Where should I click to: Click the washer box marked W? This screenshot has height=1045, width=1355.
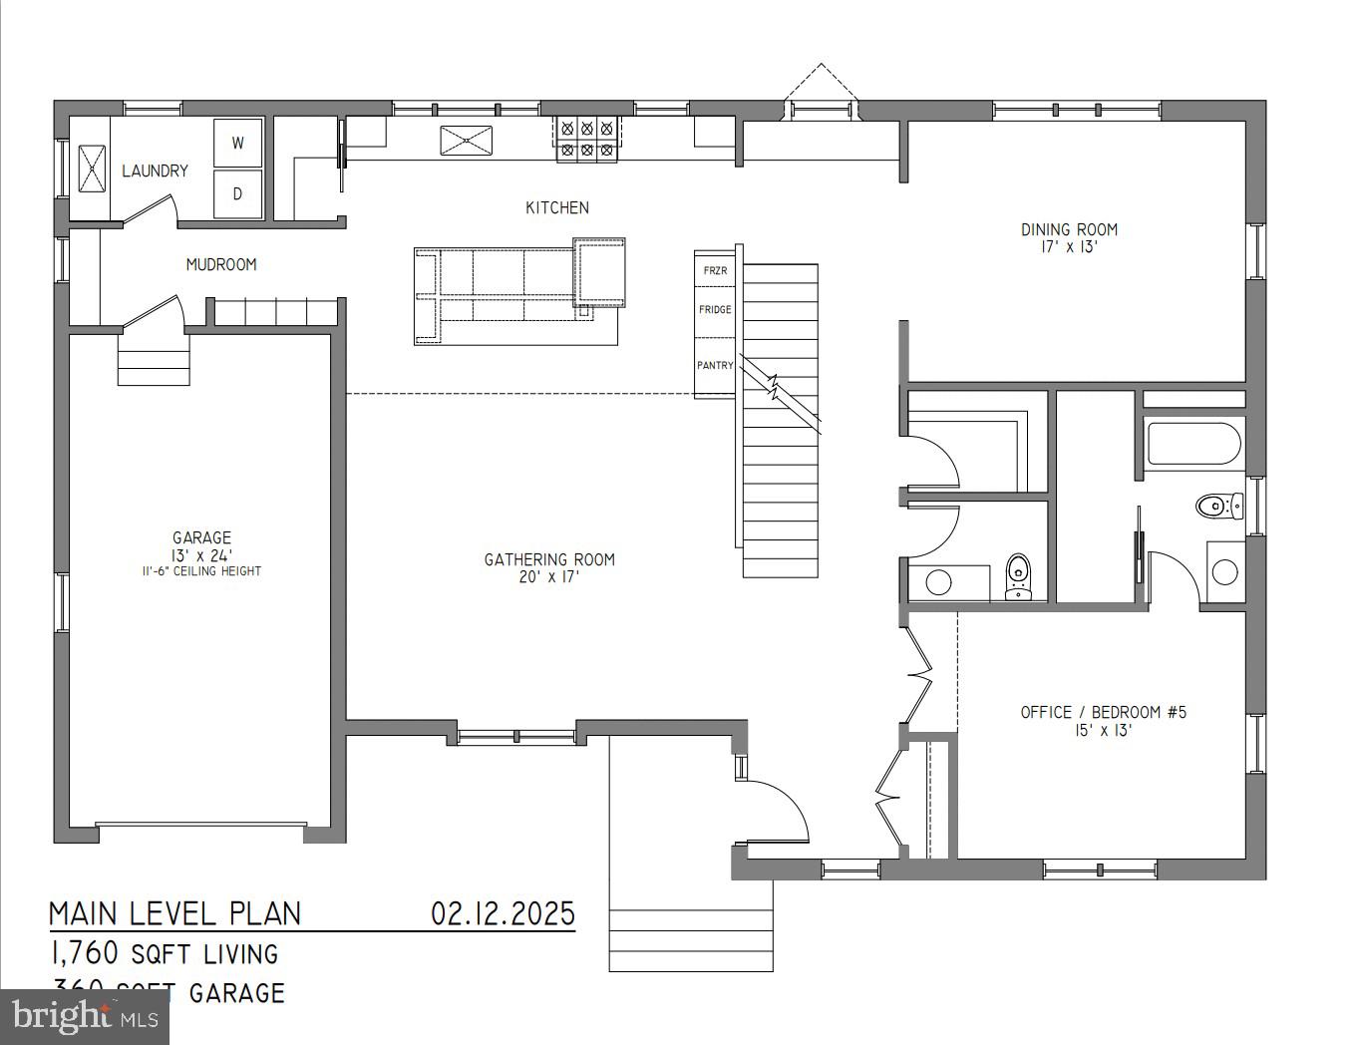tap(238, 143)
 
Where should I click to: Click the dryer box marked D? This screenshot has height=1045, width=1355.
tap(238, 193)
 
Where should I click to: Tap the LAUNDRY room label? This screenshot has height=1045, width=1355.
tap(155, 171)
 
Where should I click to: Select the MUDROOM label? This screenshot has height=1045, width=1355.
tap(221, 264)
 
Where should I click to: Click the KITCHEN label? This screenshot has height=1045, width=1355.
tap(557, 207)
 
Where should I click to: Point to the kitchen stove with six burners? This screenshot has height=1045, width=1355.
tap(586, 139)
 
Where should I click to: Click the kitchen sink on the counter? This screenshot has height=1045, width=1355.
tap(467, 140)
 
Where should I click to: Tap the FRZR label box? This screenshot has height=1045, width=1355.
tap(715, 270)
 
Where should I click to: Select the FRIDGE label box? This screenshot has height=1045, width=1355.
tap(715, 310)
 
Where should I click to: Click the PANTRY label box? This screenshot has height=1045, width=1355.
tap(715, 366)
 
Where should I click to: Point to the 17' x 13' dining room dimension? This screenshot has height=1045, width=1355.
tap(1069, 247)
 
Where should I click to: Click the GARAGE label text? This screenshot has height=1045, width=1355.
tap(201, 537)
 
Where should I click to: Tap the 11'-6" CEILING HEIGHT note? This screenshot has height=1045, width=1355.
tap(201, 571)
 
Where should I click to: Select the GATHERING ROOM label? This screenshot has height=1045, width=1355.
tap(549, 559)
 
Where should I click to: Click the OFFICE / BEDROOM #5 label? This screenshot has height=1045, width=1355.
tap(1103, 712)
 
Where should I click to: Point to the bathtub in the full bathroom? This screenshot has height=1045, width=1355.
tap(1193, 444)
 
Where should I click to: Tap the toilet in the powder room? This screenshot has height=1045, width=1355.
tap(1018, 576)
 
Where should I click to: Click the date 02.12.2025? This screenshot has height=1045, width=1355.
tap(503, 912)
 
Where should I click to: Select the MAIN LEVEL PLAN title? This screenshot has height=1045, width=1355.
tap(175, 913)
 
